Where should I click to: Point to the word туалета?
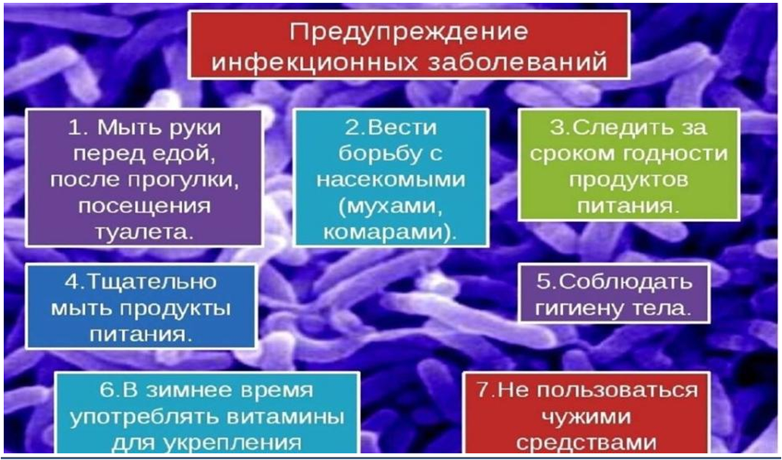(x=143, y=232)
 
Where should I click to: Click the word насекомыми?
(x=391, y=180)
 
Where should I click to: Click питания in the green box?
(x=628, y=205)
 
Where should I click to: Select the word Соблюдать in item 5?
(x=624, y=282)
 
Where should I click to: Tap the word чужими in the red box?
(x=587, y=417)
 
